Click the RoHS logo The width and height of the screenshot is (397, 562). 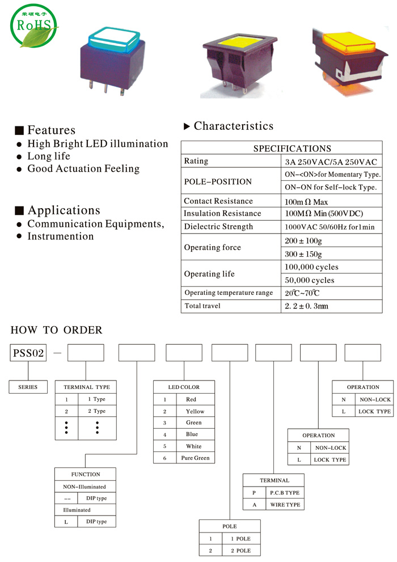coord(33,26)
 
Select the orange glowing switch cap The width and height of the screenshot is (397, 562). coord(349,43)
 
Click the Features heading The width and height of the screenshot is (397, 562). coord(51,130)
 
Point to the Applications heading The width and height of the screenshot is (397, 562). coord(64,210)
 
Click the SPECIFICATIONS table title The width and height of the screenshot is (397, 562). coord(292,149)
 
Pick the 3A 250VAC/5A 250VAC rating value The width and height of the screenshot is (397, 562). coord(331,162)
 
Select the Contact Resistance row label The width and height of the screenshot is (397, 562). coord(218,201)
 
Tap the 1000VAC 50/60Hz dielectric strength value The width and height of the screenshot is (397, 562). coord(330,227)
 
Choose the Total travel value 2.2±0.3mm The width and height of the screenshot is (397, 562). coord(306,306)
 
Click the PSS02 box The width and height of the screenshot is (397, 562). coord(28,353)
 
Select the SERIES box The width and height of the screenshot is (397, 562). coord(28,387)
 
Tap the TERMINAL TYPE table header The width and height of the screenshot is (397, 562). coord(86,387)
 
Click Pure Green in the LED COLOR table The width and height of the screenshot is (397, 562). coord(195,458)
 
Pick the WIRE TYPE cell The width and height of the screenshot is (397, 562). coord(285,504)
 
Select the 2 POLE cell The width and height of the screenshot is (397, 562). coord(241,551)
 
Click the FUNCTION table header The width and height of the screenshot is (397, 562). coord(85,474)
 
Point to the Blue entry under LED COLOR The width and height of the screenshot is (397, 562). coord(192,434)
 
